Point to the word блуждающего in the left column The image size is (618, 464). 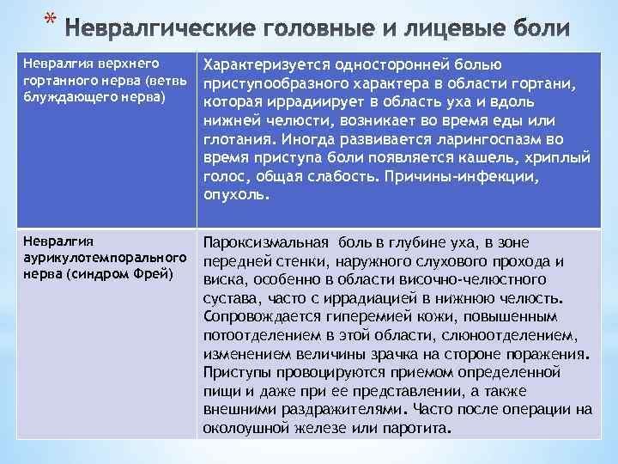point(60,95)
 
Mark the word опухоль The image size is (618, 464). point(236,194)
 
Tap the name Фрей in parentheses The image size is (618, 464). point(155,274)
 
